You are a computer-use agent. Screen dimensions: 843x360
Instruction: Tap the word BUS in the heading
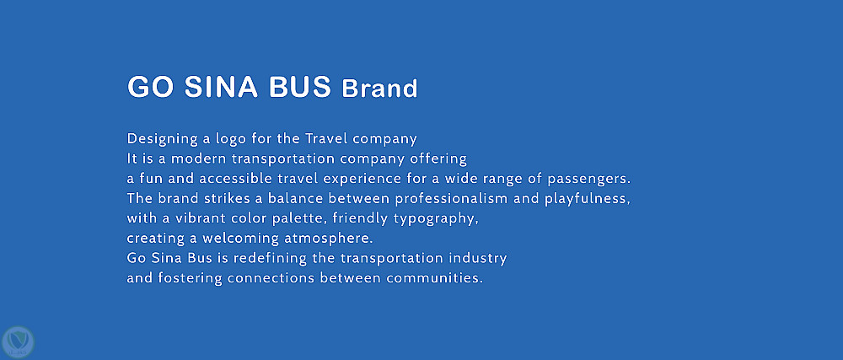(299, 87)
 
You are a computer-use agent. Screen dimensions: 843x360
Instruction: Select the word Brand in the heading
(379, 89)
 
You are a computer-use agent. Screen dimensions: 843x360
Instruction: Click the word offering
(438, 159)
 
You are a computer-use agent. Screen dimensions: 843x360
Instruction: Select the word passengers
(588, 180)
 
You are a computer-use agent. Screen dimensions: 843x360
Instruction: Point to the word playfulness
(587, 199)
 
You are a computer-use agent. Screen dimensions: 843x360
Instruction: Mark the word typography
(436, 219)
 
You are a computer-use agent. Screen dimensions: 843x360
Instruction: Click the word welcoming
(237, 239)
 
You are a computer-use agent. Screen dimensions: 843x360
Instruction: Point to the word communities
(434, 278)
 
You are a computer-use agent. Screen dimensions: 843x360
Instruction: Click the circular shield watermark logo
(18, 342)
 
